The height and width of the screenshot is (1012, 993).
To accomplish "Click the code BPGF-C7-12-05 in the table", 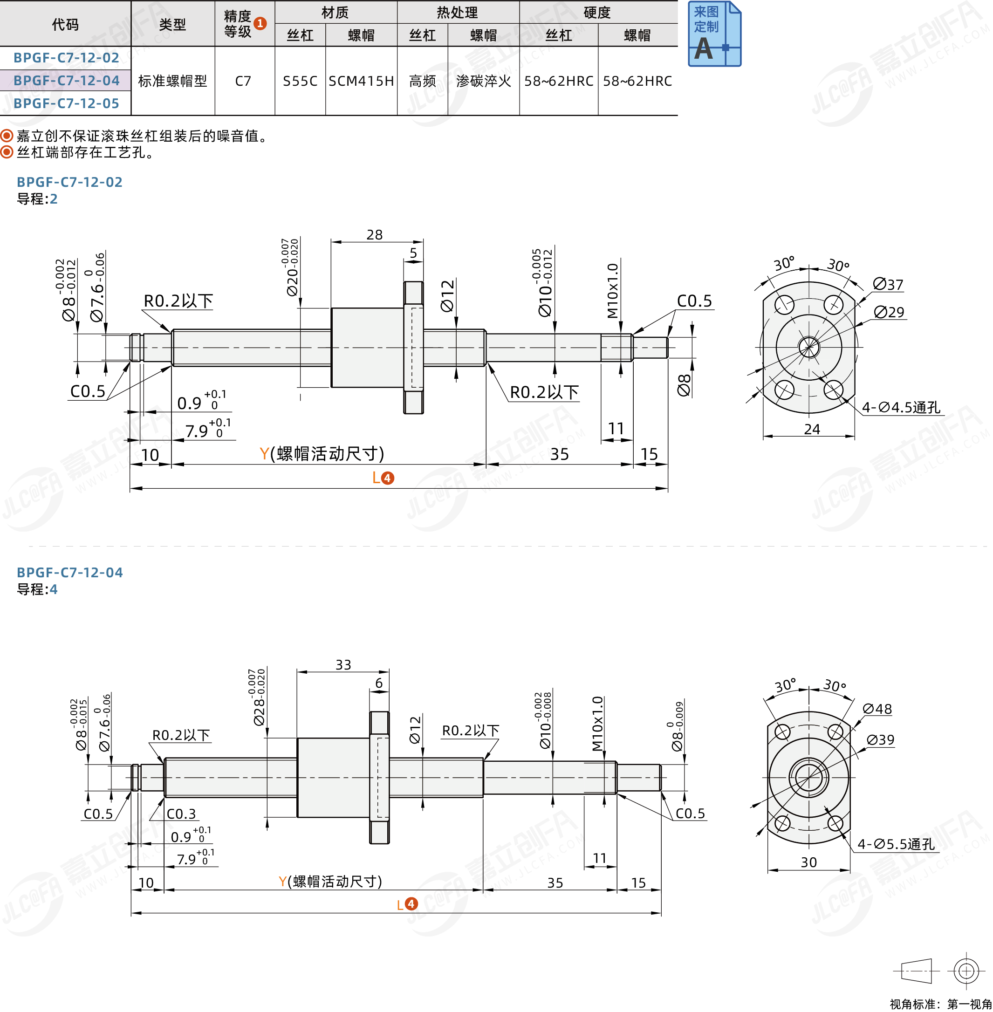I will coord(66,103).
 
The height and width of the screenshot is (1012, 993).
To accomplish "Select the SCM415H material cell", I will coord(361,81).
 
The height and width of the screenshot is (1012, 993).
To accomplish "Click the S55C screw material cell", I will coord(300,81).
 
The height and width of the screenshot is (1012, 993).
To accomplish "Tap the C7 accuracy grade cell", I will coord(243,81).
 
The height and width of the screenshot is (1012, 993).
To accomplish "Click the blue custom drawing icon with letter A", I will coord(714,34).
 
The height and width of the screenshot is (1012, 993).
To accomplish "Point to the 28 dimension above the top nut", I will coord(375,235).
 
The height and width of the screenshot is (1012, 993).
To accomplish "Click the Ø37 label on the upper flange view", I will coord(888,285).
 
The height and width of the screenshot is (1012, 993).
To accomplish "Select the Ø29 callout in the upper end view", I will coord(889,312).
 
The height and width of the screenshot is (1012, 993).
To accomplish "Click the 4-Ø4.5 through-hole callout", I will coord(901,407).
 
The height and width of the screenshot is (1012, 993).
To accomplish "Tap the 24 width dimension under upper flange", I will coord(812,429).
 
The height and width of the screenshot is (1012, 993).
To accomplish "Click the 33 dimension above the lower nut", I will coord(343,665).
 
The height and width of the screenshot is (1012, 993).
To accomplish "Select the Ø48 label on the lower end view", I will coord(877,709).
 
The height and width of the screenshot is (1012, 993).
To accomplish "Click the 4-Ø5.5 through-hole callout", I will coord(896,844).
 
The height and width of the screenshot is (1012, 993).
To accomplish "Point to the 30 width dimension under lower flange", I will coord(808,862).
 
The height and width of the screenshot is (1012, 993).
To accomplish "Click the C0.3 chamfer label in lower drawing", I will coord(181,814).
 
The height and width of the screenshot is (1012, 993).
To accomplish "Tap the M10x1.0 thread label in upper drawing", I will coord(612,290).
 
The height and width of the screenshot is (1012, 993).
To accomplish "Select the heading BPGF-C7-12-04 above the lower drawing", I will coord(70,573).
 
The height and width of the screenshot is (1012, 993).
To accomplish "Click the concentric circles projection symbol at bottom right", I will coord(966,971).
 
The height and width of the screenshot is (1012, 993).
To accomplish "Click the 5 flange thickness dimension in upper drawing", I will coord(413,253).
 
